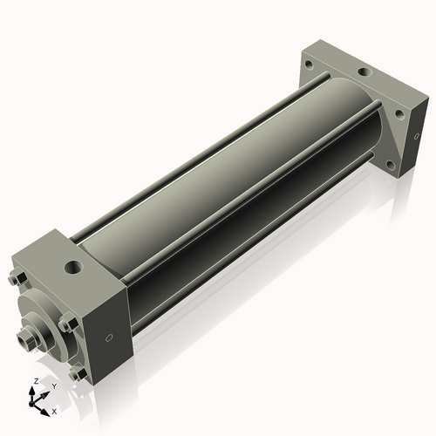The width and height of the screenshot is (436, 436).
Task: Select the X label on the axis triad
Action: pyautogui.click(x=55, y=410)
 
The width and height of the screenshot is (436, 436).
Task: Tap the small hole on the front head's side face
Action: pyautogui.click(x=108, y=338)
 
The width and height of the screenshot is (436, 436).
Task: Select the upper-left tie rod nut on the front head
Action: pyautogui.click(x=18, y=280)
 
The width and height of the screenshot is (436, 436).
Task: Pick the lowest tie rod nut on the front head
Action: pyautogui.click(x=80, y=375)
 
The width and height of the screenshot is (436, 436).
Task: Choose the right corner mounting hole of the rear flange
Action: pyautogui.click(x=399, y=112)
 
